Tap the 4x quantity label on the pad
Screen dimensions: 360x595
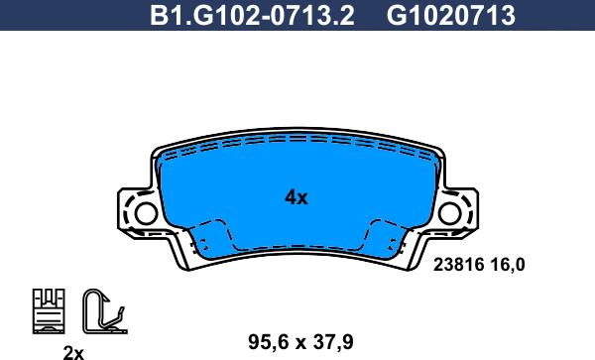[x=296, y=197]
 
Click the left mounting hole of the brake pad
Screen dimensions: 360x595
[x=145, y=212]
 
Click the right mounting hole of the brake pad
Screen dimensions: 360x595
[x=450, y=212]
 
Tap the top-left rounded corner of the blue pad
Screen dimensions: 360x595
[x=165, y=149]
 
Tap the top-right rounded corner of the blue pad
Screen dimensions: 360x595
[x=430, y=149]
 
